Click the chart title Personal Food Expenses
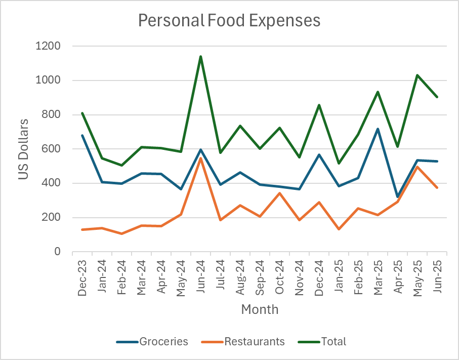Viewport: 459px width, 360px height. (x=229, y=20)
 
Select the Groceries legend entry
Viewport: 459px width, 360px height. (x=163, y=341)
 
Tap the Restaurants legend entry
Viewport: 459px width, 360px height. (x=255, y=341)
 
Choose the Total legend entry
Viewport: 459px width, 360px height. (x=333, y=341)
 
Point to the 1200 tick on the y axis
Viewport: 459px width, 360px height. (x=48, y=46)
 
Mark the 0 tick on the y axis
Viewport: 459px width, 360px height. (x=57, y=252)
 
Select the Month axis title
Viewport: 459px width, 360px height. (x=260, y=309)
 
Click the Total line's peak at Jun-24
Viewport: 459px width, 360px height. (x=201, y=56)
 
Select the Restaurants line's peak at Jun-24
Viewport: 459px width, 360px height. (x=201, y=158)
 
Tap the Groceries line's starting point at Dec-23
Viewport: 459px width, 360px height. (x=82, y=135)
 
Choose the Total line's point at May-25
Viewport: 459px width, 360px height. (x=418, y=75)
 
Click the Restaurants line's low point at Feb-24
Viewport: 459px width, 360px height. (x=122, y=233)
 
